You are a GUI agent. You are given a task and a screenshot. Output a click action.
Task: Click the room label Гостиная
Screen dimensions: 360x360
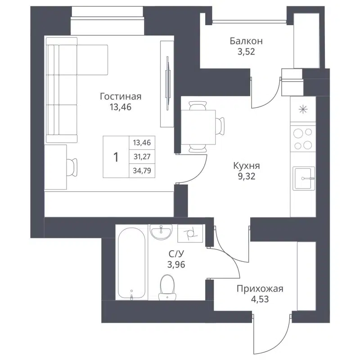121,96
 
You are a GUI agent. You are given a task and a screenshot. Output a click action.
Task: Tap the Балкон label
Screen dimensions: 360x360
246,41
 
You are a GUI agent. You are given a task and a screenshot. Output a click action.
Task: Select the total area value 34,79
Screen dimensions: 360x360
141,170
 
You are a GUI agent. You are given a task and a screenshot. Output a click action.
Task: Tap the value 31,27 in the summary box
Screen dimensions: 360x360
141,157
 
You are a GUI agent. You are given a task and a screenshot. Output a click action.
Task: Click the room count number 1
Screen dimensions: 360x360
116,157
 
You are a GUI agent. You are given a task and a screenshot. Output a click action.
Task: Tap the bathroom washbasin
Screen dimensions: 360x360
161,232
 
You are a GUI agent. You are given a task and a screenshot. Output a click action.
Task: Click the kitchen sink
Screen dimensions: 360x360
305,178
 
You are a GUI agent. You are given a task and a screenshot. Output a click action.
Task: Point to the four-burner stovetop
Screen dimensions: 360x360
303,139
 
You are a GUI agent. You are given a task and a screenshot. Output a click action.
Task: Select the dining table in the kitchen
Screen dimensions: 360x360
198,126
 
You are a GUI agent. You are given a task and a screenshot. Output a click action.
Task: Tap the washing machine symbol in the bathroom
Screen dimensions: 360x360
190,233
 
